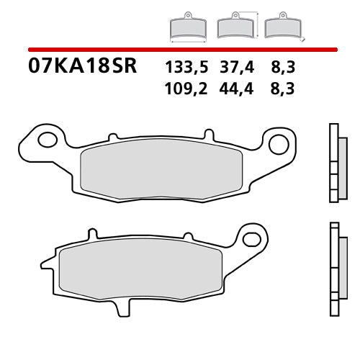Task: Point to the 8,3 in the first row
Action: coord(283,68)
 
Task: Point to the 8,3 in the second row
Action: coord(283,89)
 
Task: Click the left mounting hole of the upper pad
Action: coord(49,139)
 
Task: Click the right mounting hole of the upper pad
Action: coord(277,143)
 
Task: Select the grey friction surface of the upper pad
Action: coord(158,166)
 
